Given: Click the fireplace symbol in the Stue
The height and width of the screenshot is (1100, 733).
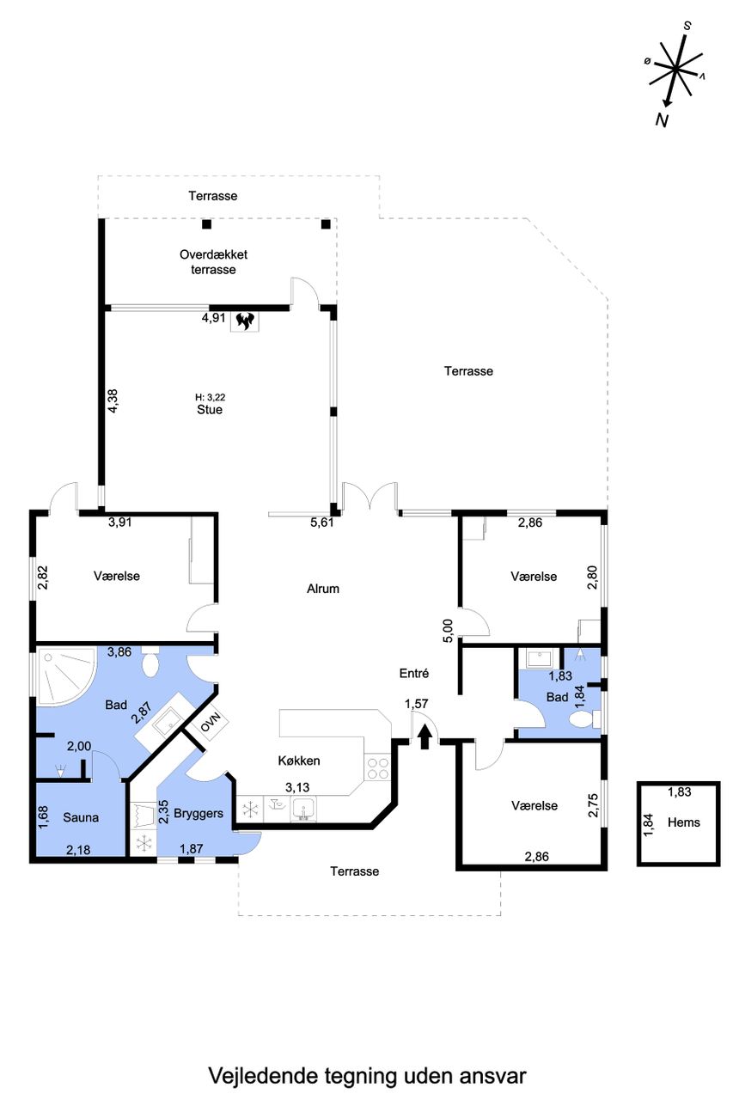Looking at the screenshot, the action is point(245,321).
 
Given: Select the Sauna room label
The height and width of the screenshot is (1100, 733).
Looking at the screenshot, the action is point(81,817).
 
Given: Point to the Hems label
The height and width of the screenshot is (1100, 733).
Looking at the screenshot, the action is point(683,822).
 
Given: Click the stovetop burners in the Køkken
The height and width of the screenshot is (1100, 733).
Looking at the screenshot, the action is point(376,768).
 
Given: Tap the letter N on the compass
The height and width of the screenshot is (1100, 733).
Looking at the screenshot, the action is point(662,119).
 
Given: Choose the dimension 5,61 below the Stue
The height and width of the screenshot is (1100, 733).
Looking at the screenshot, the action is point(321,522).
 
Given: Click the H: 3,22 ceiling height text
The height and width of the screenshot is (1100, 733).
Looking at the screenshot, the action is point(211,397).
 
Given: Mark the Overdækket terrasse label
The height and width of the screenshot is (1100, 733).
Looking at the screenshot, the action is point(213,262).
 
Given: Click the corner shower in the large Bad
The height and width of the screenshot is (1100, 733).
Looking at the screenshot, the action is point(64,676).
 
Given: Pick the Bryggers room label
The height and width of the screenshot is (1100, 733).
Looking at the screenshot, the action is point(199,814).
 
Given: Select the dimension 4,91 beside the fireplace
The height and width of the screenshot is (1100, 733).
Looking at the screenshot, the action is point(214,318).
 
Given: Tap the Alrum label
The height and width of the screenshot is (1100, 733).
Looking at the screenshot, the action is point(322,589).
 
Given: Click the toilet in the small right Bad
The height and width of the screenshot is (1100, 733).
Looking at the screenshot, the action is point(584,719).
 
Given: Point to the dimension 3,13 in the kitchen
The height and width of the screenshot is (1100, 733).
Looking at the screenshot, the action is point(297,787).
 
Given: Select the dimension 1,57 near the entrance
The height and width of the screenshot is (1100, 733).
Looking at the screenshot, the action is point(416,703).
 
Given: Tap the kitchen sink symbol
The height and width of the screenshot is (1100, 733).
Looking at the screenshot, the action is point(303,808).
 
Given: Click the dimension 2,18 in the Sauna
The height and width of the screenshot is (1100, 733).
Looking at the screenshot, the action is point(78,849).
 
